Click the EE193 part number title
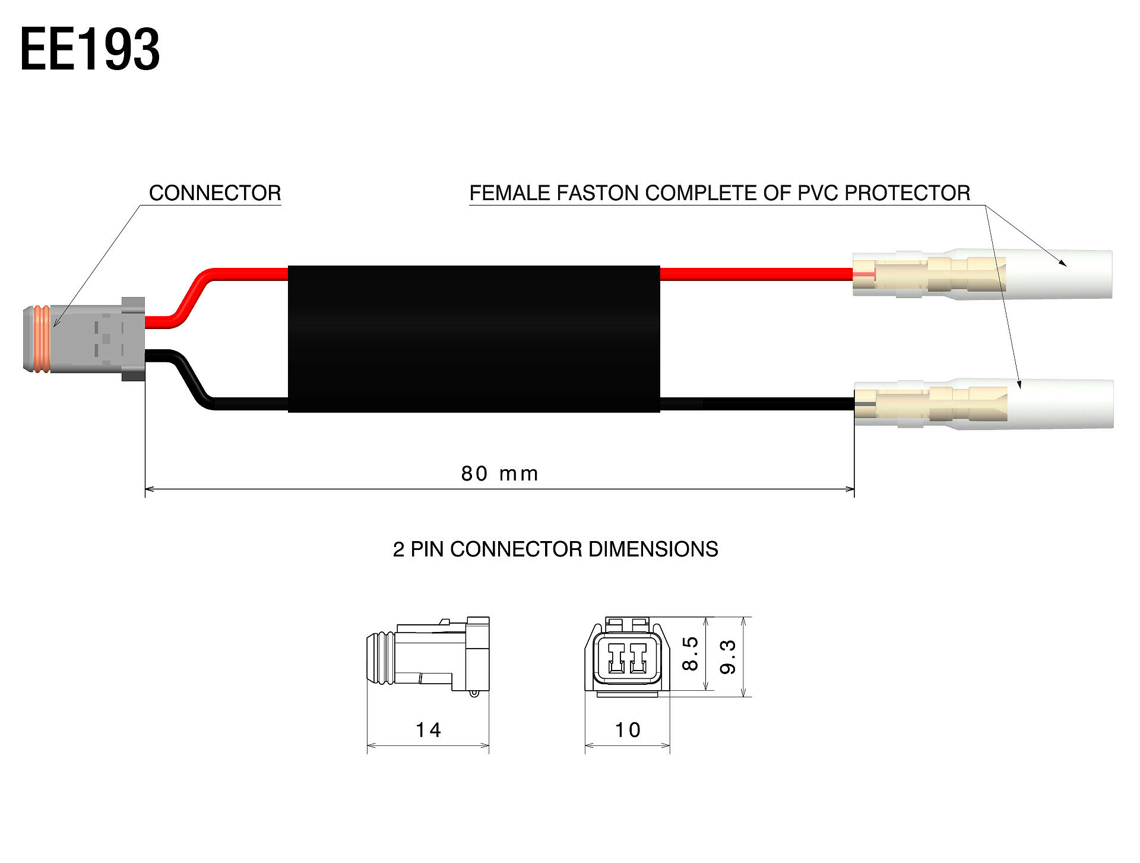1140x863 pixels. click(90, 50)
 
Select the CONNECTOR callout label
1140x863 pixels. click(215, 193)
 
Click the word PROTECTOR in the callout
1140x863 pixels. click(907, 193)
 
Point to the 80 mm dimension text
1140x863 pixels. click(499, 474)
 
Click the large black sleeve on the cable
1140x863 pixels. click(474, 339)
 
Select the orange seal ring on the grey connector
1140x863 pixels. click(42, 339)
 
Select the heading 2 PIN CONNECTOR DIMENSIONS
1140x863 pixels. click(555, 549)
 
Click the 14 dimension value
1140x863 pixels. click(428, 730)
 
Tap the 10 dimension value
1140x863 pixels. click(628, 730)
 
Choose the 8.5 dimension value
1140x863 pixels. click(690, 653)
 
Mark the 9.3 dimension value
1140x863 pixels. click(727, 656)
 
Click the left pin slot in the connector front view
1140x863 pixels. click(616, 657)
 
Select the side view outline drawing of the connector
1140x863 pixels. click(428, 655)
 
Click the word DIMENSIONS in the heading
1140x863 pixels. click(653, 549)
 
